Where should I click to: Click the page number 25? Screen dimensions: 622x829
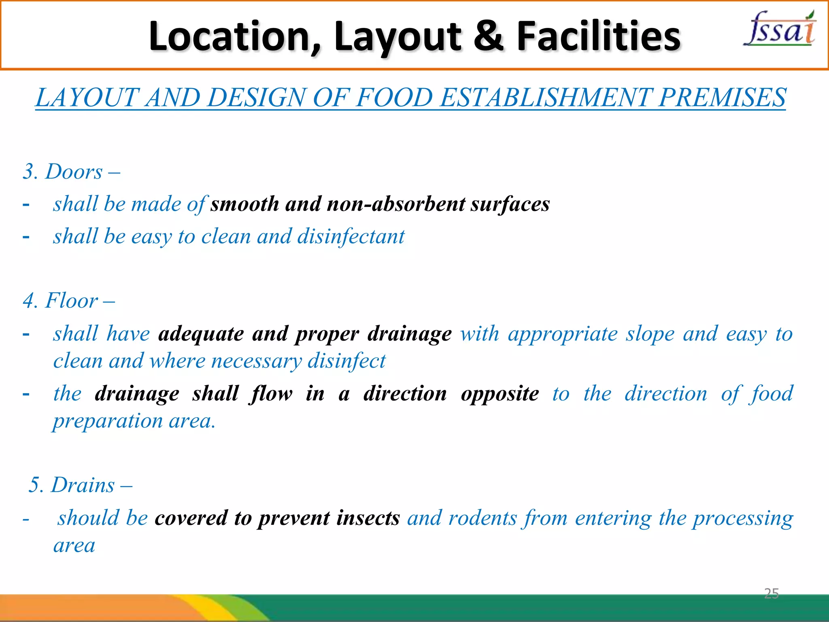click(771, 594)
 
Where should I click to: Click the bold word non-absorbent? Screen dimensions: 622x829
click(395, 204)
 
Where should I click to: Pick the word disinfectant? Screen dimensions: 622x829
click(351, 236)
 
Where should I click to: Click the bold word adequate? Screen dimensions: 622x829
click(201, 334)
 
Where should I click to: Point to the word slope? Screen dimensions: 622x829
click(650, 334)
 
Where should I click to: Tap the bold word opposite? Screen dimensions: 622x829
click(500, 394)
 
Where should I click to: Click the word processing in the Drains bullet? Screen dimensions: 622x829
click(743, 519)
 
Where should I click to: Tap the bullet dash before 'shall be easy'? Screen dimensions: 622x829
click(26, 236)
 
